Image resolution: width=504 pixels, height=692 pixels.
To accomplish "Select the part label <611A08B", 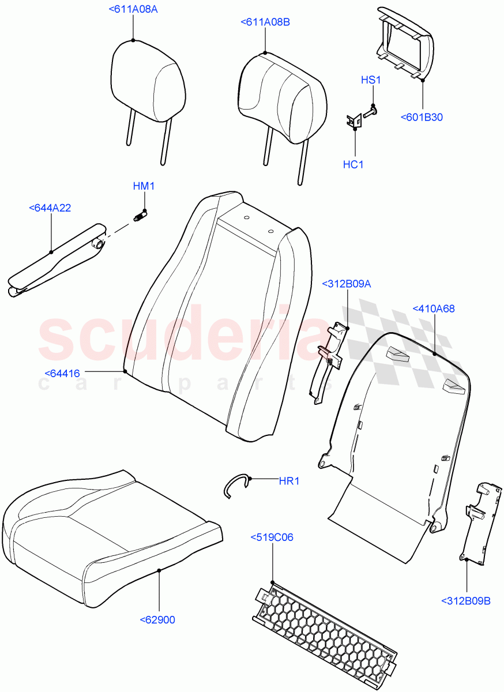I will tap(265, 22).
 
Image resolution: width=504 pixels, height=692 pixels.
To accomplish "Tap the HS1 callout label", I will tap(371, 80).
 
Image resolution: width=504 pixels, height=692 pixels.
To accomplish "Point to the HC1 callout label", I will tap(353, 164).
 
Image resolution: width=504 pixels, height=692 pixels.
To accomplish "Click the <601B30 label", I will tap(422, 118).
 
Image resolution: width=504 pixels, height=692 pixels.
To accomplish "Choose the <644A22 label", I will tap(50, 208).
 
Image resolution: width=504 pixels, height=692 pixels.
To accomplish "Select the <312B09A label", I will tap(347, 283).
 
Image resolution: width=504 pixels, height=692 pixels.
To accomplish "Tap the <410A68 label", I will tap(434, 309).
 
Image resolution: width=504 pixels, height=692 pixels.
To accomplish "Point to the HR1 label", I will tap(289, 481).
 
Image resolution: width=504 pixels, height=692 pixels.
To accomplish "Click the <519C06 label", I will tap(272, 537).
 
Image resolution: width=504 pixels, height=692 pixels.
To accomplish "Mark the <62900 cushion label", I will tap(157, 620).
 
